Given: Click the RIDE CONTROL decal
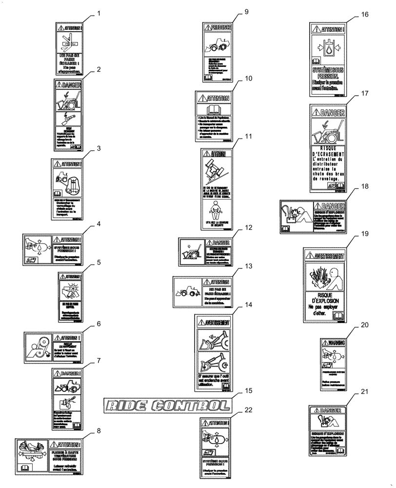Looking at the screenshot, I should pyautogui.click(x=166, y=405).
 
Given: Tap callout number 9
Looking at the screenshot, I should pyautogui.click(x=246, y=12).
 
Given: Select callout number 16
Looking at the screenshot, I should pyautogui.click(x=364, y=15).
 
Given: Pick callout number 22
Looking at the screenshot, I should pyautogui.click(x=249, y=410).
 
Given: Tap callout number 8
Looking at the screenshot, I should pyautogui.click(x=99, y=431).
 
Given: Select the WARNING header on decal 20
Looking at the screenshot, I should pyautogui.click(x=337, y=343).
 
